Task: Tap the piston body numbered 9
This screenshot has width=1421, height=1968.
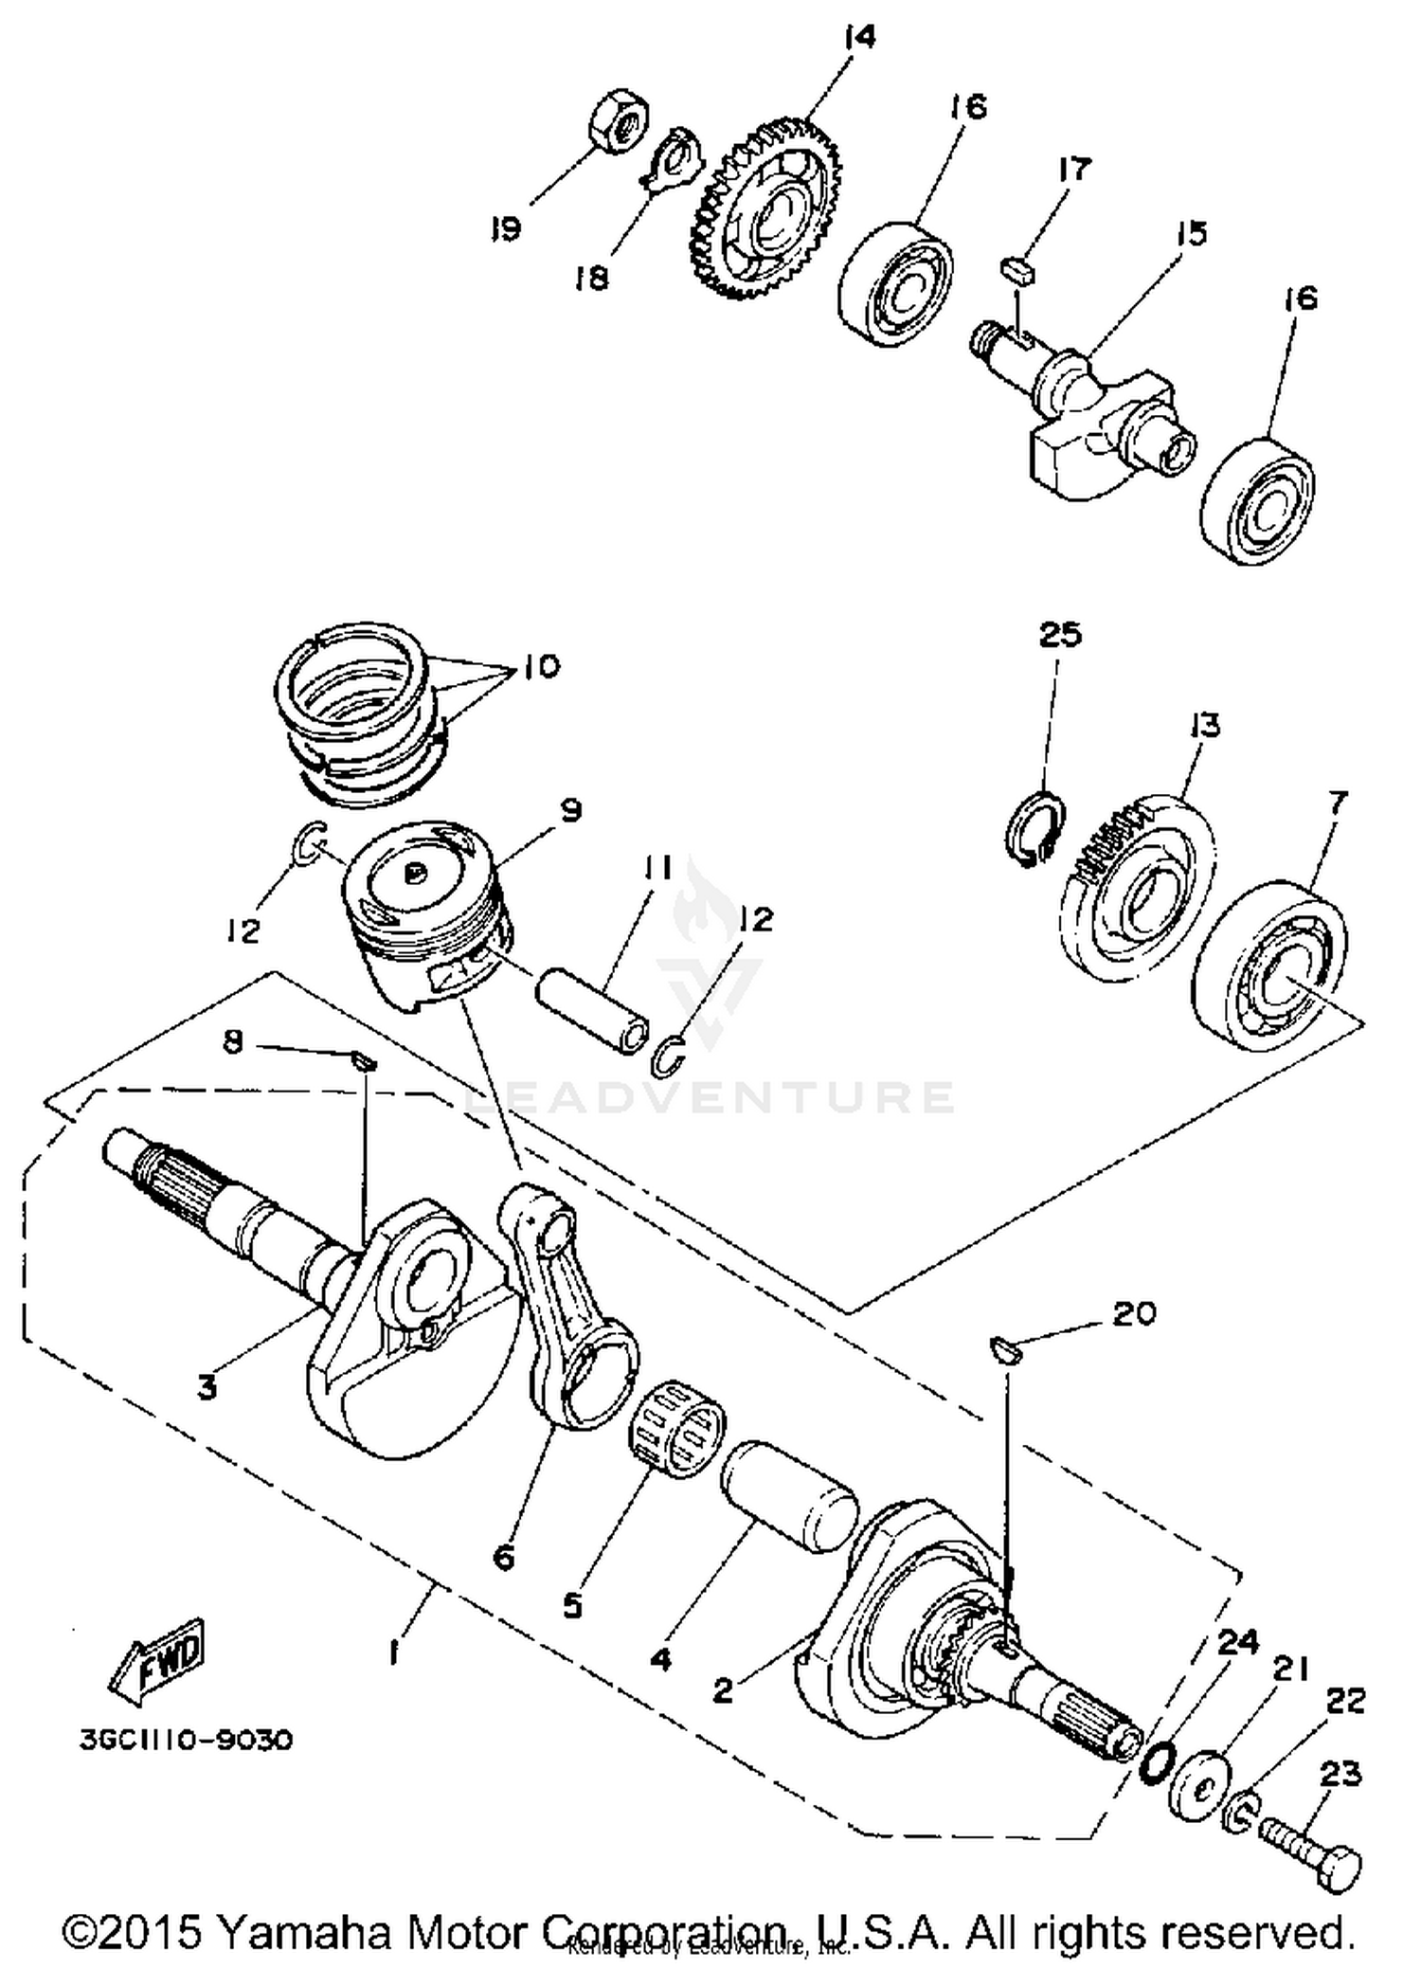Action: [426, 910]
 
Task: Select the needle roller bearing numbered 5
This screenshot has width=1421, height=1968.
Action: [677, 1428]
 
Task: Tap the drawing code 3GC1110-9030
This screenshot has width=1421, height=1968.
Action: [186, 1740]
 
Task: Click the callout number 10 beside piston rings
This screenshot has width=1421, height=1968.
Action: [540, 666]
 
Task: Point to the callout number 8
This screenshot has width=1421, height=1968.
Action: [233, 1042]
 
